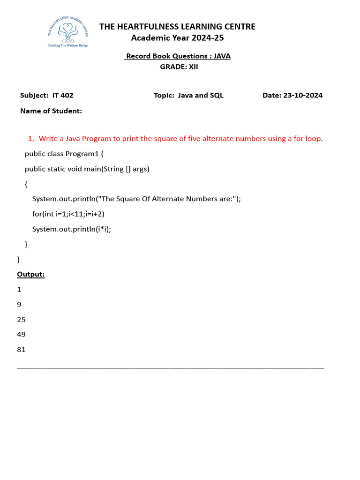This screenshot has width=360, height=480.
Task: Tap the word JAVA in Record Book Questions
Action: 222,56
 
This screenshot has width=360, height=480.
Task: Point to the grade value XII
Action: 194,67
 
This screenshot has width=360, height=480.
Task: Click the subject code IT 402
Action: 63,95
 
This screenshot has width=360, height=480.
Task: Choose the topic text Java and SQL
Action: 201,95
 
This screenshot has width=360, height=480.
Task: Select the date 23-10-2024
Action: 303,95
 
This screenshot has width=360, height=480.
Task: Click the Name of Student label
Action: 51,111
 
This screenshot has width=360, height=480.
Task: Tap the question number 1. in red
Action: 31,138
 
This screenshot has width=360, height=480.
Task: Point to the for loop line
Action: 68,214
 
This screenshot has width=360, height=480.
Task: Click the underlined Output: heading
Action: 31,274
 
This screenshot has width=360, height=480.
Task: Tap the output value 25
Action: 21,319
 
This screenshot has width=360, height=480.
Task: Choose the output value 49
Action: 21,334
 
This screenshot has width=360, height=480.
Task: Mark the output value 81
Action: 21,349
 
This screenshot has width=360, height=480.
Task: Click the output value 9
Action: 19,304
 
